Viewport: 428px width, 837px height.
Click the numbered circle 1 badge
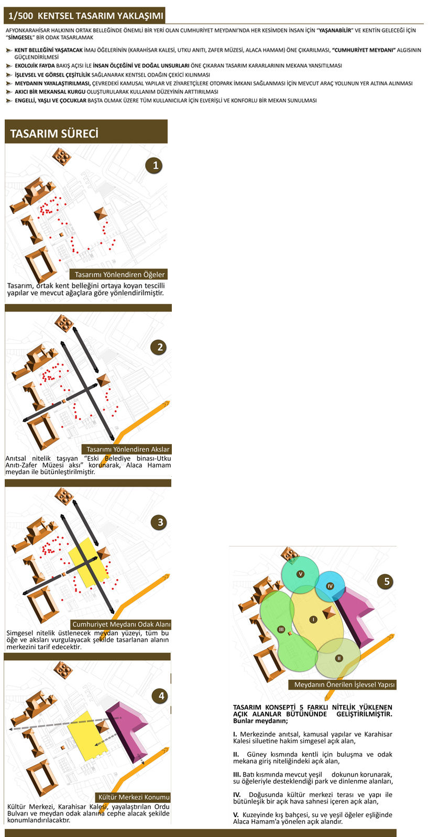[155, 165]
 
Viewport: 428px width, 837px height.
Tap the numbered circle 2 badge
[159, 347]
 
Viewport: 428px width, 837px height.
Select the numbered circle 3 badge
[160, 522]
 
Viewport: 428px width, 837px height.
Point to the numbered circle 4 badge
[161, 696]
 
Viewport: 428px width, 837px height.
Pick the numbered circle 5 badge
[386, 581]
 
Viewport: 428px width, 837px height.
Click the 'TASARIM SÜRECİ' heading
[54, 133]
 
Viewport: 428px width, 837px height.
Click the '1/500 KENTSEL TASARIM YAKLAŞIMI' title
[85, 16]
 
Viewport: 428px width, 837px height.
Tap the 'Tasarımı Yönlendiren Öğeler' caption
[119, 275]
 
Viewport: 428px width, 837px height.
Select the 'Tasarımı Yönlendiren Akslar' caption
[128, 449]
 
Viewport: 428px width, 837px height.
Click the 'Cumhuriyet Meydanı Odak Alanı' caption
[121, 625]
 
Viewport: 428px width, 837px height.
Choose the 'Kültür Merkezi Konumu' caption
[133, 797]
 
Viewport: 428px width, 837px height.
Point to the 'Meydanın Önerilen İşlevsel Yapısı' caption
[344, 684]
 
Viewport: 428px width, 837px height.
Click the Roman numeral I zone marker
[313, 619]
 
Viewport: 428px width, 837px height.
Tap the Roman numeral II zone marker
[339, 658]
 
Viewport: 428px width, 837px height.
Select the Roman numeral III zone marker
[282, 629]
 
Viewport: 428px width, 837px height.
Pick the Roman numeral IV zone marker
[330, 586]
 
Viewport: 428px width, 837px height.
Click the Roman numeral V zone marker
[300, 574]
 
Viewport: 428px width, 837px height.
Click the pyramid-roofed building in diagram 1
[101, 214]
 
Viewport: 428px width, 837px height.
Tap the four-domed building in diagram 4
[63, 670]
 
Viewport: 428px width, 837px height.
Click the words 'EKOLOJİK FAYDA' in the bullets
[35, 66]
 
